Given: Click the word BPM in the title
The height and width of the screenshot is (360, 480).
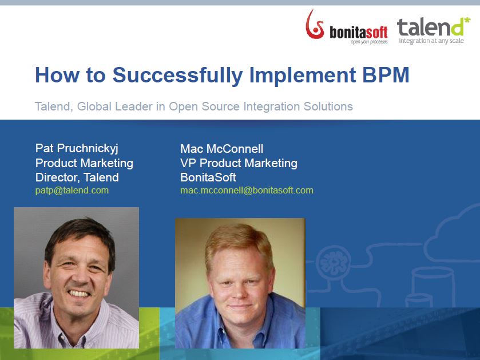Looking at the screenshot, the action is [386, 75].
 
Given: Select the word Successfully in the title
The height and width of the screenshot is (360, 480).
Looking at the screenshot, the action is [178, 76].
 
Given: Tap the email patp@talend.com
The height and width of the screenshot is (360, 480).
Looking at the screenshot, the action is [72, 191].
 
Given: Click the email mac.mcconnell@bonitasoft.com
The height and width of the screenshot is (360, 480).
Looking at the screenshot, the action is [247, 191].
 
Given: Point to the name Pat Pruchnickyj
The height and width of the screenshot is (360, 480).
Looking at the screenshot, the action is [77, 148].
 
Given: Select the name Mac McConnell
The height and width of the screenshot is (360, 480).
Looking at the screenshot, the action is [221, 149].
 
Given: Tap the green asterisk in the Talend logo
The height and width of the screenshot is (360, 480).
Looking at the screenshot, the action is [467, 21].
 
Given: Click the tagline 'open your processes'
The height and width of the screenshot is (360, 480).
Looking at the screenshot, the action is [369, 42].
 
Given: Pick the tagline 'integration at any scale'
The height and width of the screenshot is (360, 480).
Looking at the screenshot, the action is [431, 41].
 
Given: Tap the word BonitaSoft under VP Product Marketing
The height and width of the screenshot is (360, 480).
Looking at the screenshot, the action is [208, 177].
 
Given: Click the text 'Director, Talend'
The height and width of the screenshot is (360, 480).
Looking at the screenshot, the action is [77, 177].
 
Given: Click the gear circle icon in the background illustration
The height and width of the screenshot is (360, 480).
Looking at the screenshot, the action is [334, 263].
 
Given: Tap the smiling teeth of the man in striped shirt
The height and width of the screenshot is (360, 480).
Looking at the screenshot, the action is [79, 294].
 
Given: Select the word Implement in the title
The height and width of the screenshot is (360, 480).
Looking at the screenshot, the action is [303, 76].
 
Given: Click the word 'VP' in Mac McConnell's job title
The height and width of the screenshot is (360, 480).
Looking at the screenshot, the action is [188, 163].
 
